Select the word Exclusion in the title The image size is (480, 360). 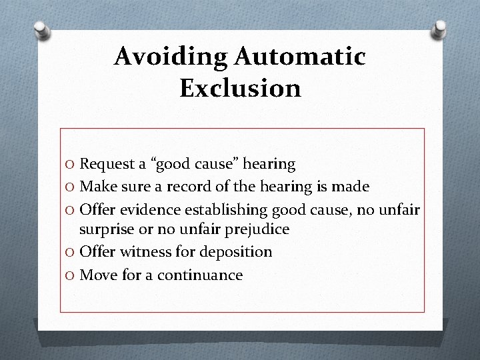[x=240, y=88]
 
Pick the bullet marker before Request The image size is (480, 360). [x=70, y=163]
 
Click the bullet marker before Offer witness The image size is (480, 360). [x=70, y=253]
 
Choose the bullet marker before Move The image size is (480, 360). [x=70, y=275]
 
